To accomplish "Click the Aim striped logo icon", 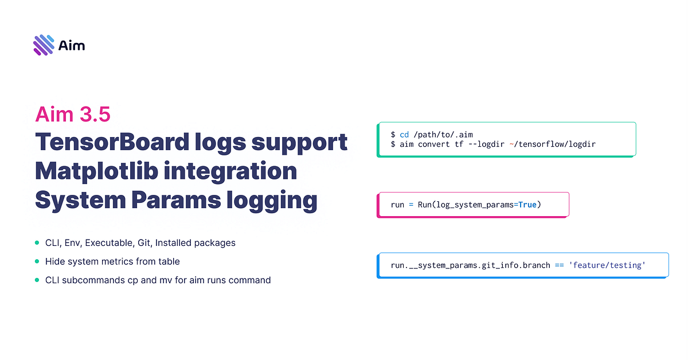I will (x=44, y=45).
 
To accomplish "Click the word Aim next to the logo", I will (x=72, y=45).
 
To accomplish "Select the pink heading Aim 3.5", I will (x=73, y=114).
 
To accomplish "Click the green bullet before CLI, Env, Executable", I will (x=37, y=243).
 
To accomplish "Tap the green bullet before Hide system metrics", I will (x=37, y=261).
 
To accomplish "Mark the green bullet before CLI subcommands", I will (x=37, y=280).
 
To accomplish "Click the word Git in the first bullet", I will (x=144, y=243).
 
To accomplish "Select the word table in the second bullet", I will (x=169, y=261).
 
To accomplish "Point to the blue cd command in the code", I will (x=404, y=134).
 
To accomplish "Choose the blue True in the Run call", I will (x=527, y=205).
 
